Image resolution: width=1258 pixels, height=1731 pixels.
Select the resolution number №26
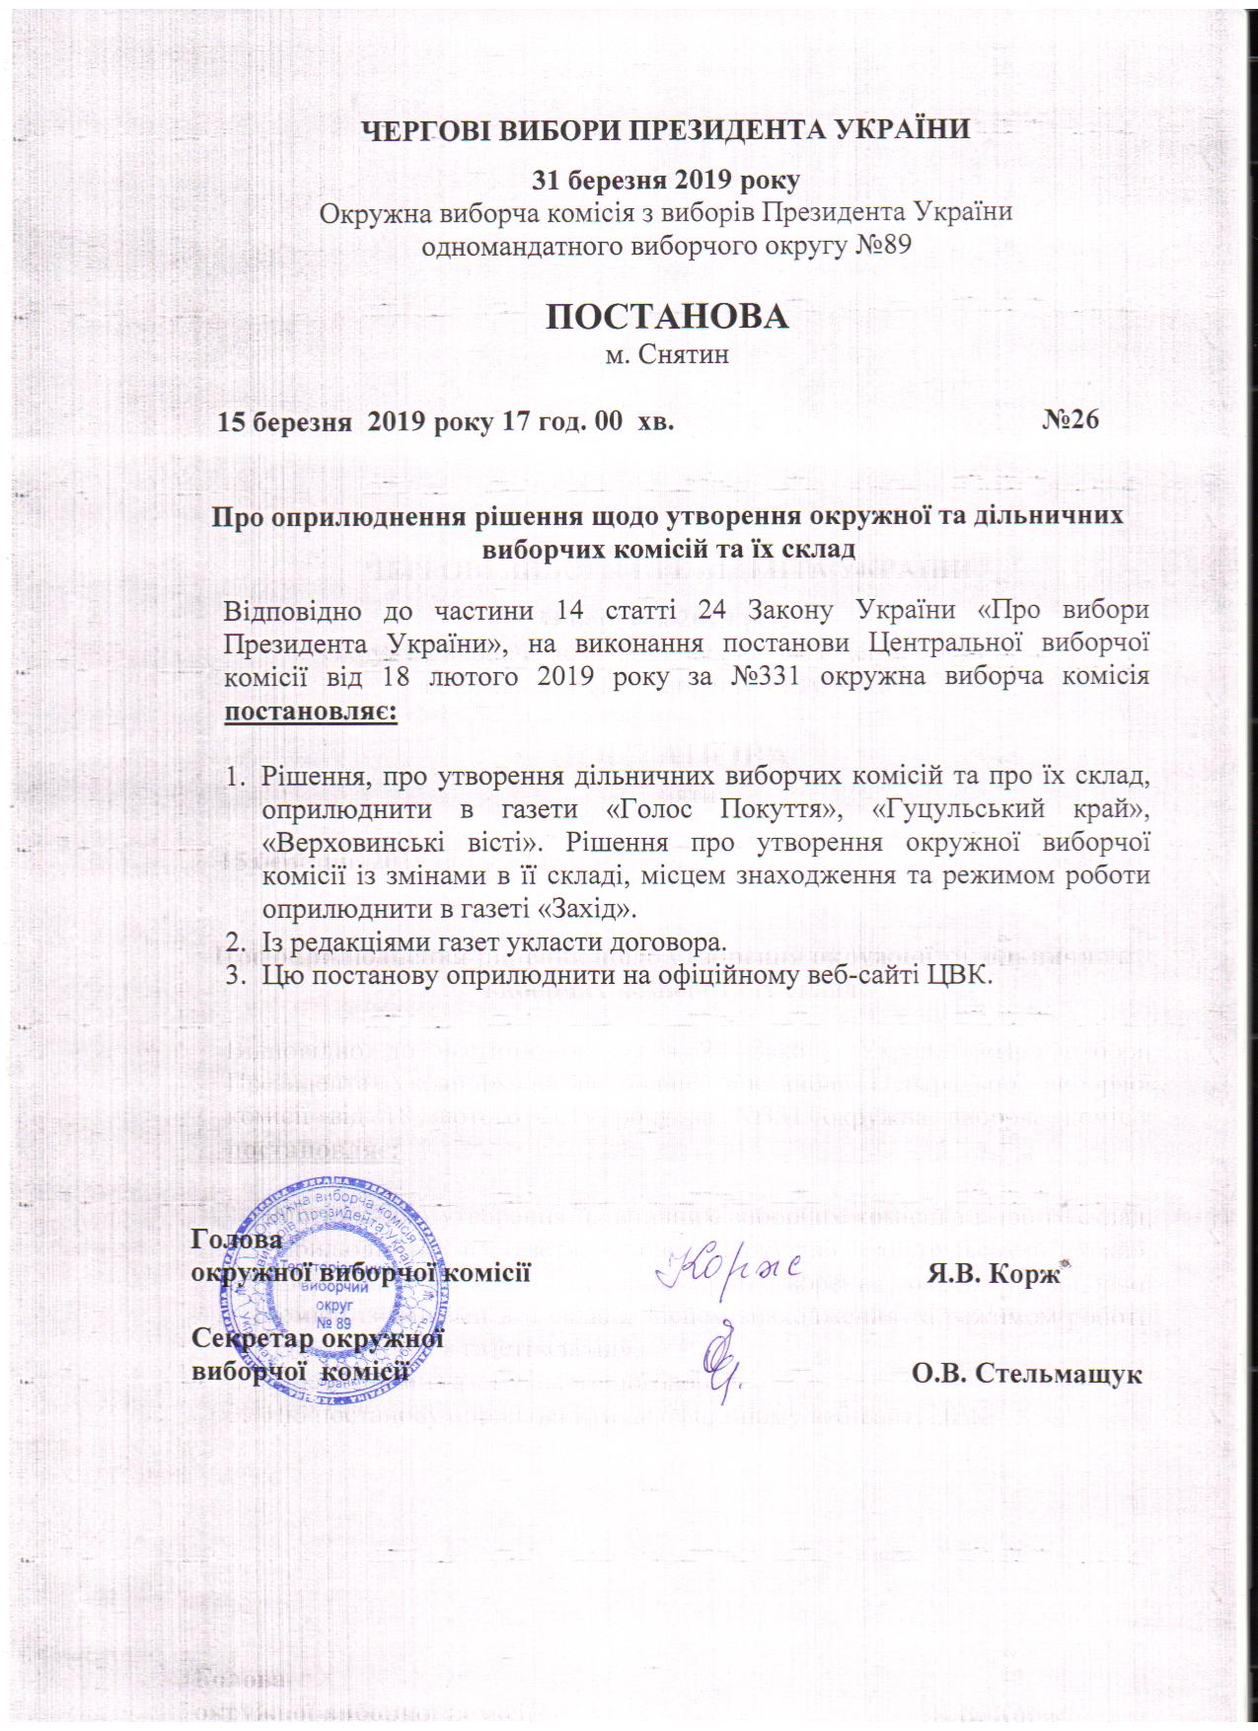click(x=1071, y=421)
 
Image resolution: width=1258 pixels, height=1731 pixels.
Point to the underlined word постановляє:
click(x=311, y=711)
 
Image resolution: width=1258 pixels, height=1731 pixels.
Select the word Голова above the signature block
click(x=236, y=1239)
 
